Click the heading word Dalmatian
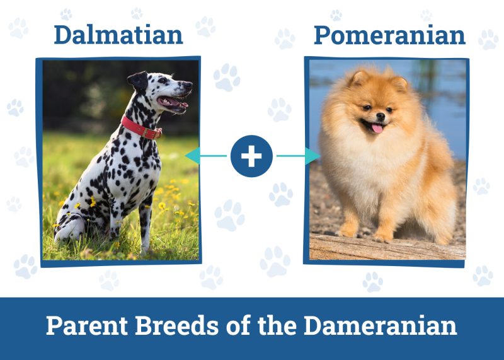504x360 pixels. pyautogui.click(x=118, y=35)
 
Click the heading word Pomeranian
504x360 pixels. pyautogui.click(x=389, y=35)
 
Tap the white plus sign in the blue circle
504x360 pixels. pyautogui.click(x=251, y=156)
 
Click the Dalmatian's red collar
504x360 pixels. pyautogui.click(x=140, y=127)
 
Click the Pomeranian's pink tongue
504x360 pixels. pyautogui.click(x=377, y=129)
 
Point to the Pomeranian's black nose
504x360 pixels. pyautogui.click(x=381, y=117)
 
